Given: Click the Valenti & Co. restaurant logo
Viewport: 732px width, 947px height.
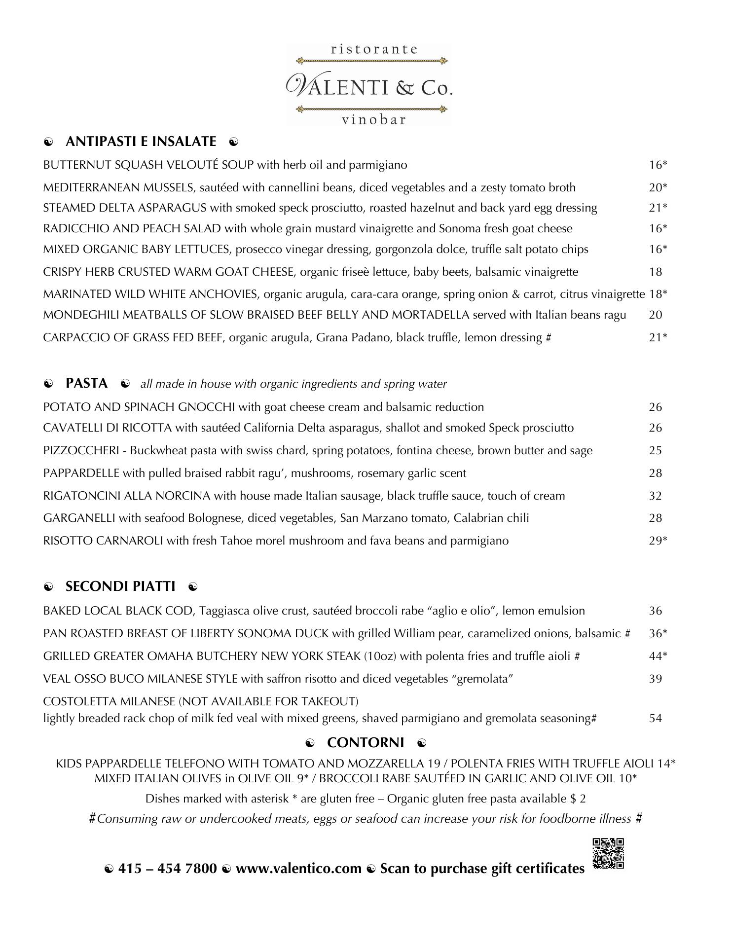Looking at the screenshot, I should (369, 85).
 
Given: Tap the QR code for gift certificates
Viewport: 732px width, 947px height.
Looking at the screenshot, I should (608, 853).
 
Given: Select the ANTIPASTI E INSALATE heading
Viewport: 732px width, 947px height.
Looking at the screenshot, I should (141, 142).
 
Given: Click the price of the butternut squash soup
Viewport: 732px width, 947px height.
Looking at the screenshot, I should (658, 165).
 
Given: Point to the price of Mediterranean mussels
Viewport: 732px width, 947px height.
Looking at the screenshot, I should (658, 187).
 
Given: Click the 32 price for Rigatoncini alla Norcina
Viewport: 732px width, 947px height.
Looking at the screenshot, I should (655, 496).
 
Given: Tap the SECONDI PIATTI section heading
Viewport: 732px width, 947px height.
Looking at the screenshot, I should (120, 586).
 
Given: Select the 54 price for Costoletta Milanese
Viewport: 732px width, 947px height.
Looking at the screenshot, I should (655, 718).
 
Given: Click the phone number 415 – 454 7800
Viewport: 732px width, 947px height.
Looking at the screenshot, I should (167, 869).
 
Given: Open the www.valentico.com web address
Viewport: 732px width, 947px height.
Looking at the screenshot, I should (298, 869).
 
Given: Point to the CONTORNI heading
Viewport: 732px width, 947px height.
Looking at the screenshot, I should (365, 742).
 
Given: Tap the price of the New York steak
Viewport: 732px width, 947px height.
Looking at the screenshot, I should (658, 656).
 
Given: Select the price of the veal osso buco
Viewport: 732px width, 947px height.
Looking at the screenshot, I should (655, 679).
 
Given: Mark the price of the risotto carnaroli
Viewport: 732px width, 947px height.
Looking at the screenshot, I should (658, 541).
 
